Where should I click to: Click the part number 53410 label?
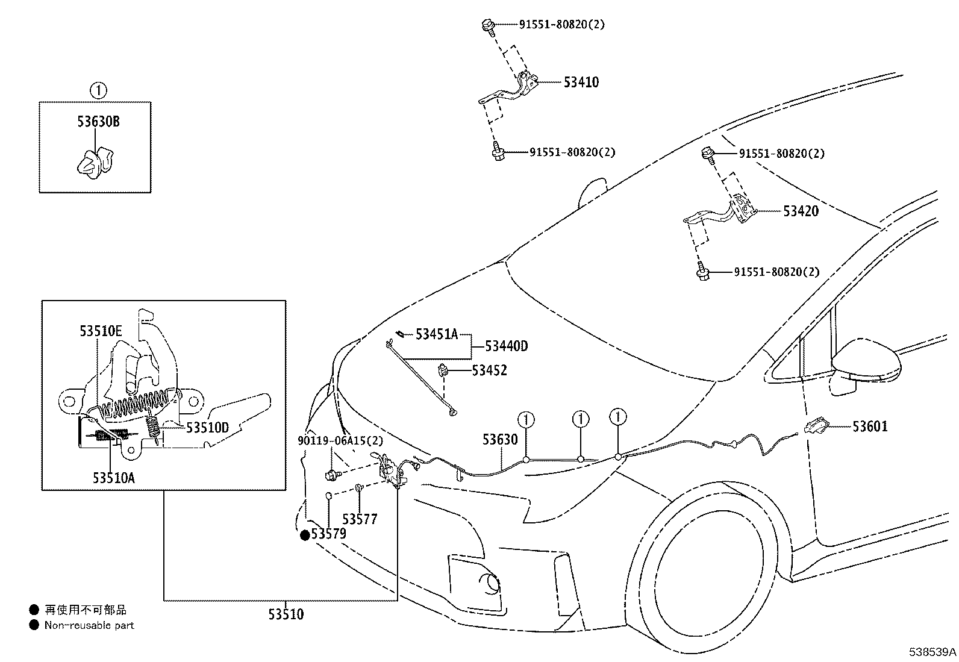pos(581,83)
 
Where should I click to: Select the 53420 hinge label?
pos(801,211)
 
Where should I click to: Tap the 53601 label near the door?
pos(870,426)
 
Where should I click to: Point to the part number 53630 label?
pos(499,439)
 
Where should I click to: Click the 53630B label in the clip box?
pos(98,122)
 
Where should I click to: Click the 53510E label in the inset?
pos(101,331)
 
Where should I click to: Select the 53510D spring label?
pos(207,428)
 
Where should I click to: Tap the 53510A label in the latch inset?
pos(114,478)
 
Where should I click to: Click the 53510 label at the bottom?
pos(286,614)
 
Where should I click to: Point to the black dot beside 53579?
pos(305,534)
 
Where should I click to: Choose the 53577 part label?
pos(360,519)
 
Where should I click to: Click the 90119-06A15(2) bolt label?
pos(340,442)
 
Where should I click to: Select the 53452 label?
pos(489,370)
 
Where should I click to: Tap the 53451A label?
pos(437,334)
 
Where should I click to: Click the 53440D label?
pos(506,346)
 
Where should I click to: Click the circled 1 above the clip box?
pos(98,91)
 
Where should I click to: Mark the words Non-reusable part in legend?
pos(89,625)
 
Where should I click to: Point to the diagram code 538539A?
pos(932,652)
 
